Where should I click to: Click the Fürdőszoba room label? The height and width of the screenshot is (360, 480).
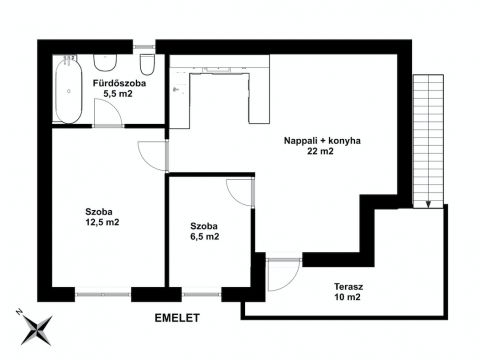(x=119, y=83)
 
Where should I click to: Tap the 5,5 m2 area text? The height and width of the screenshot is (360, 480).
(x=118, y=94)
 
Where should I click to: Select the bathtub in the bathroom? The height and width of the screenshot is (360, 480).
(x=69, y=90)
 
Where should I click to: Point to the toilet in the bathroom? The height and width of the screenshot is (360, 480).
(x=147, y=64)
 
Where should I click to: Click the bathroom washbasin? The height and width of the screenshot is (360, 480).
(x=105, y=62)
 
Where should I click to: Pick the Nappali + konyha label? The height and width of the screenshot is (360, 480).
(x=322, y=141)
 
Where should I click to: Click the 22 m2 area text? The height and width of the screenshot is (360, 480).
(x=320, y=151)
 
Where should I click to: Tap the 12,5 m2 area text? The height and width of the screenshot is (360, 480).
(x=102, y=222)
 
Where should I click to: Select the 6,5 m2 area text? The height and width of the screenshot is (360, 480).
(x=204, y=237)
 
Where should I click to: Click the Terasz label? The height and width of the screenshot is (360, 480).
(x=349, y=286)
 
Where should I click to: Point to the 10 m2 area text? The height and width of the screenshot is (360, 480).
(x=348, y=297)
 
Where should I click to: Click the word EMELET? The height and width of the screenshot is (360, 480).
(x=177, y=318)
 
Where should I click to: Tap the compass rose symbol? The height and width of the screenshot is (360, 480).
(x=36, y=328)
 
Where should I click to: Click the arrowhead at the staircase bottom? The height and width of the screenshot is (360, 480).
(x=428, y=205)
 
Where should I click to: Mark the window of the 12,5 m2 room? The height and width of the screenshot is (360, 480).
(x=103, y=295)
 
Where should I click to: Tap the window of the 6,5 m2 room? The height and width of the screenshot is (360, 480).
(x=202, y=295)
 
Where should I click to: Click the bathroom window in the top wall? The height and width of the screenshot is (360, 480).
(x=144, y=47)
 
